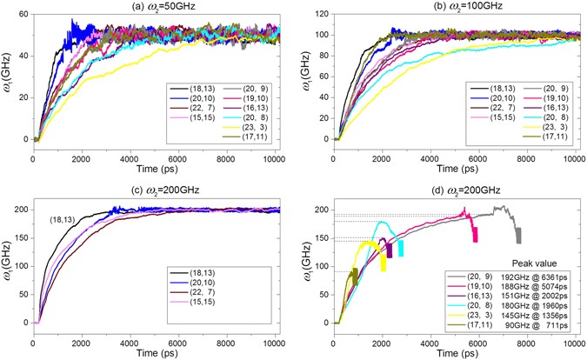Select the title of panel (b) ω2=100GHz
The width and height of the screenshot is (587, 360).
click(x=458, y=7)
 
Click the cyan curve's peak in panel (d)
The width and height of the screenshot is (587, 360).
click(x=382, y=223)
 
